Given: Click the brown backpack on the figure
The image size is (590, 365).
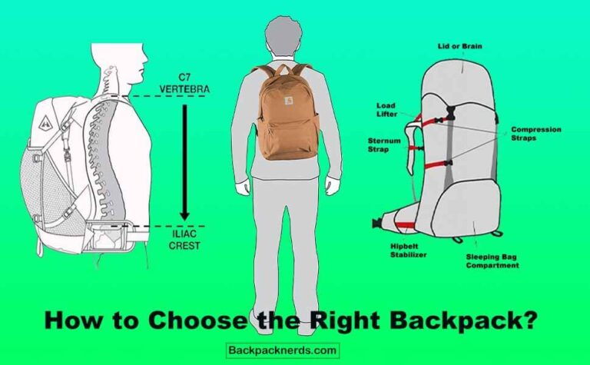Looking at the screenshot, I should pyautogui.click(x=287, y=115).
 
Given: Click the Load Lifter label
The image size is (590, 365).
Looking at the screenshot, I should pyautogui.click(x=386, y=110).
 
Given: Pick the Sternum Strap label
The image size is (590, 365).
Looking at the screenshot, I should pyautogui.click(x=380, y=144).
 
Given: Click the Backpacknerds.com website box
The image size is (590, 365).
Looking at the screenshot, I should pyautogui.click(x=283, y=350).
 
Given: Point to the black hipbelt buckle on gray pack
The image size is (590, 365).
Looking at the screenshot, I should pyautogui.click(x=376, y=224).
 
